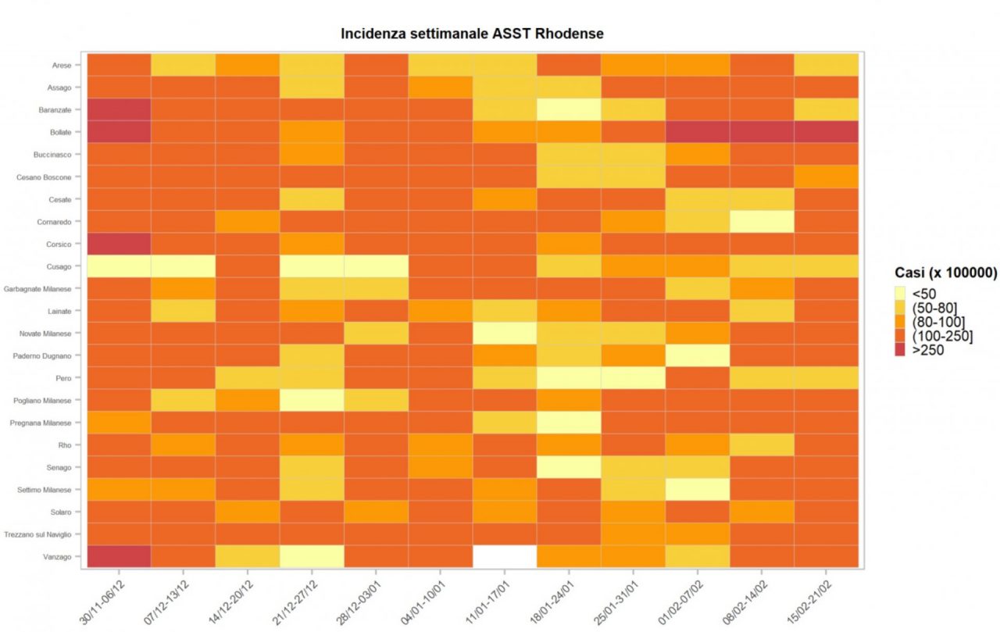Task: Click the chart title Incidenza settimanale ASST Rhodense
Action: (x=472, y=34)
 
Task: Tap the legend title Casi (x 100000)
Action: (x=946, y=273)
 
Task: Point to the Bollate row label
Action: (x=60, y=132)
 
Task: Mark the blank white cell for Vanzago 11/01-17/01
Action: (x=505, y=556)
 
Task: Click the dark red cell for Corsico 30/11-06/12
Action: (x=119, y=244)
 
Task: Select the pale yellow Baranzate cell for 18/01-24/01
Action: (x=569, y=109)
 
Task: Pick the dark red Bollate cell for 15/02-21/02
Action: (x=826, y=131)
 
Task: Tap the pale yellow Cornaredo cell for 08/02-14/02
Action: (x=762, y=221)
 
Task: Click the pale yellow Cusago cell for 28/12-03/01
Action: (x=376, y=266)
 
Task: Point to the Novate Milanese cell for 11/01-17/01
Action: (x=505, y=333)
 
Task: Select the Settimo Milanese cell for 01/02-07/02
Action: (x=698, y=489)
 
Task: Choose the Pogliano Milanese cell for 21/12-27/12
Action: (x=312, y=400)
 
